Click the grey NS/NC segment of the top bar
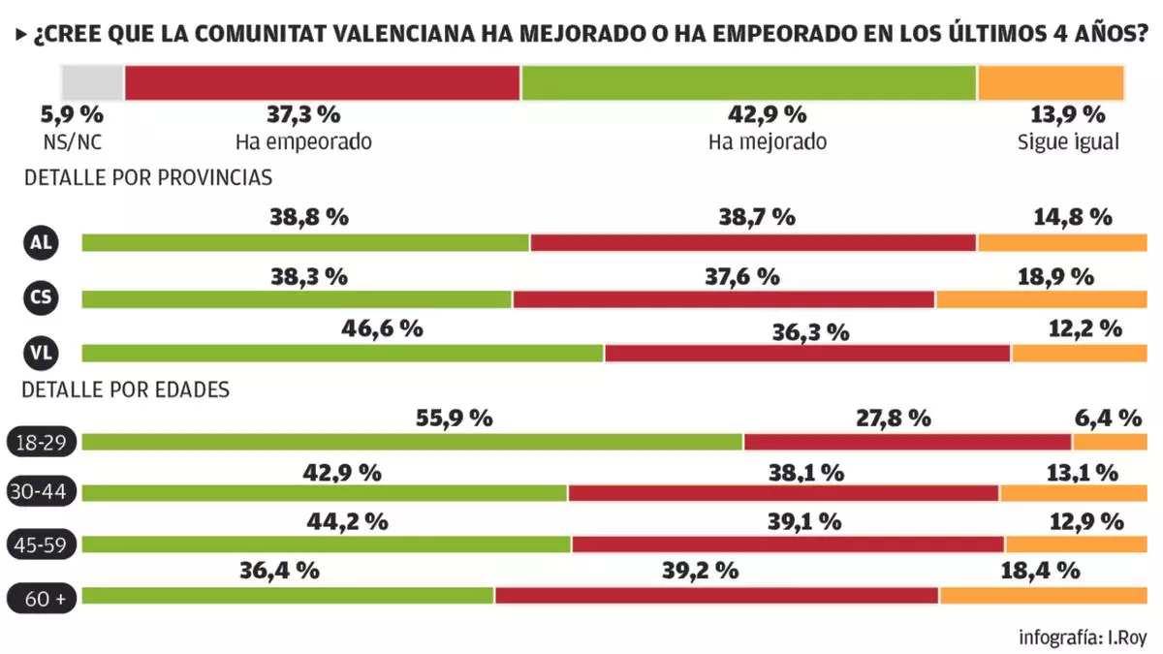coord(93,82)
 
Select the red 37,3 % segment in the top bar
coord(323,82)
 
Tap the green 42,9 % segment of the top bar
coord(748,82)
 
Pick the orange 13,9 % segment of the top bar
coord(1051,82)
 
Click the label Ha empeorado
coord(303,141)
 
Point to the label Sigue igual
coord(1068,141)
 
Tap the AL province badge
coord(41,242)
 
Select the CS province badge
coord(41,298)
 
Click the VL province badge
coord(41,353)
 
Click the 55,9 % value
coord(455,419)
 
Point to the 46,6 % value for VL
coord(382,329)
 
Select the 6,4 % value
coord(1108,419)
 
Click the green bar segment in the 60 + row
coord(288,596)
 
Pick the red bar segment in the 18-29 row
coord(907,442)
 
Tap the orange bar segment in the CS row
coord(1041,299)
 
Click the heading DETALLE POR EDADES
coord(126,389)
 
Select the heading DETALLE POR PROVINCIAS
coord(148,178)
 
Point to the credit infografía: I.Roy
coord(1083,638)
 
